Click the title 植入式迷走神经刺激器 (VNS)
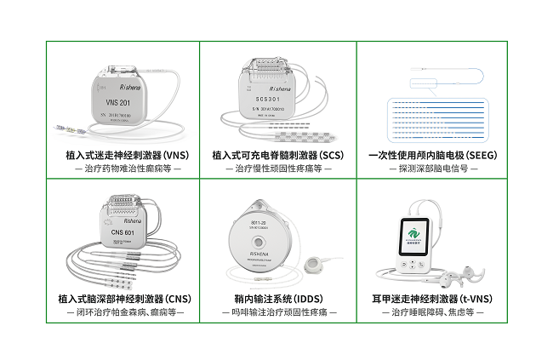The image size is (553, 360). pos(122,155)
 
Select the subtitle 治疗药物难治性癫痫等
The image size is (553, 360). pos(123,169)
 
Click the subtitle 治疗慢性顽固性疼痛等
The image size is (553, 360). pos(277,169)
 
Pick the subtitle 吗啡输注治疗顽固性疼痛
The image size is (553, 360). pos(277,312)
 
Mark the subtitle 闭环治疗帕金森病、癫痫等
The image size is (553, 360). pos(123,312)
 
